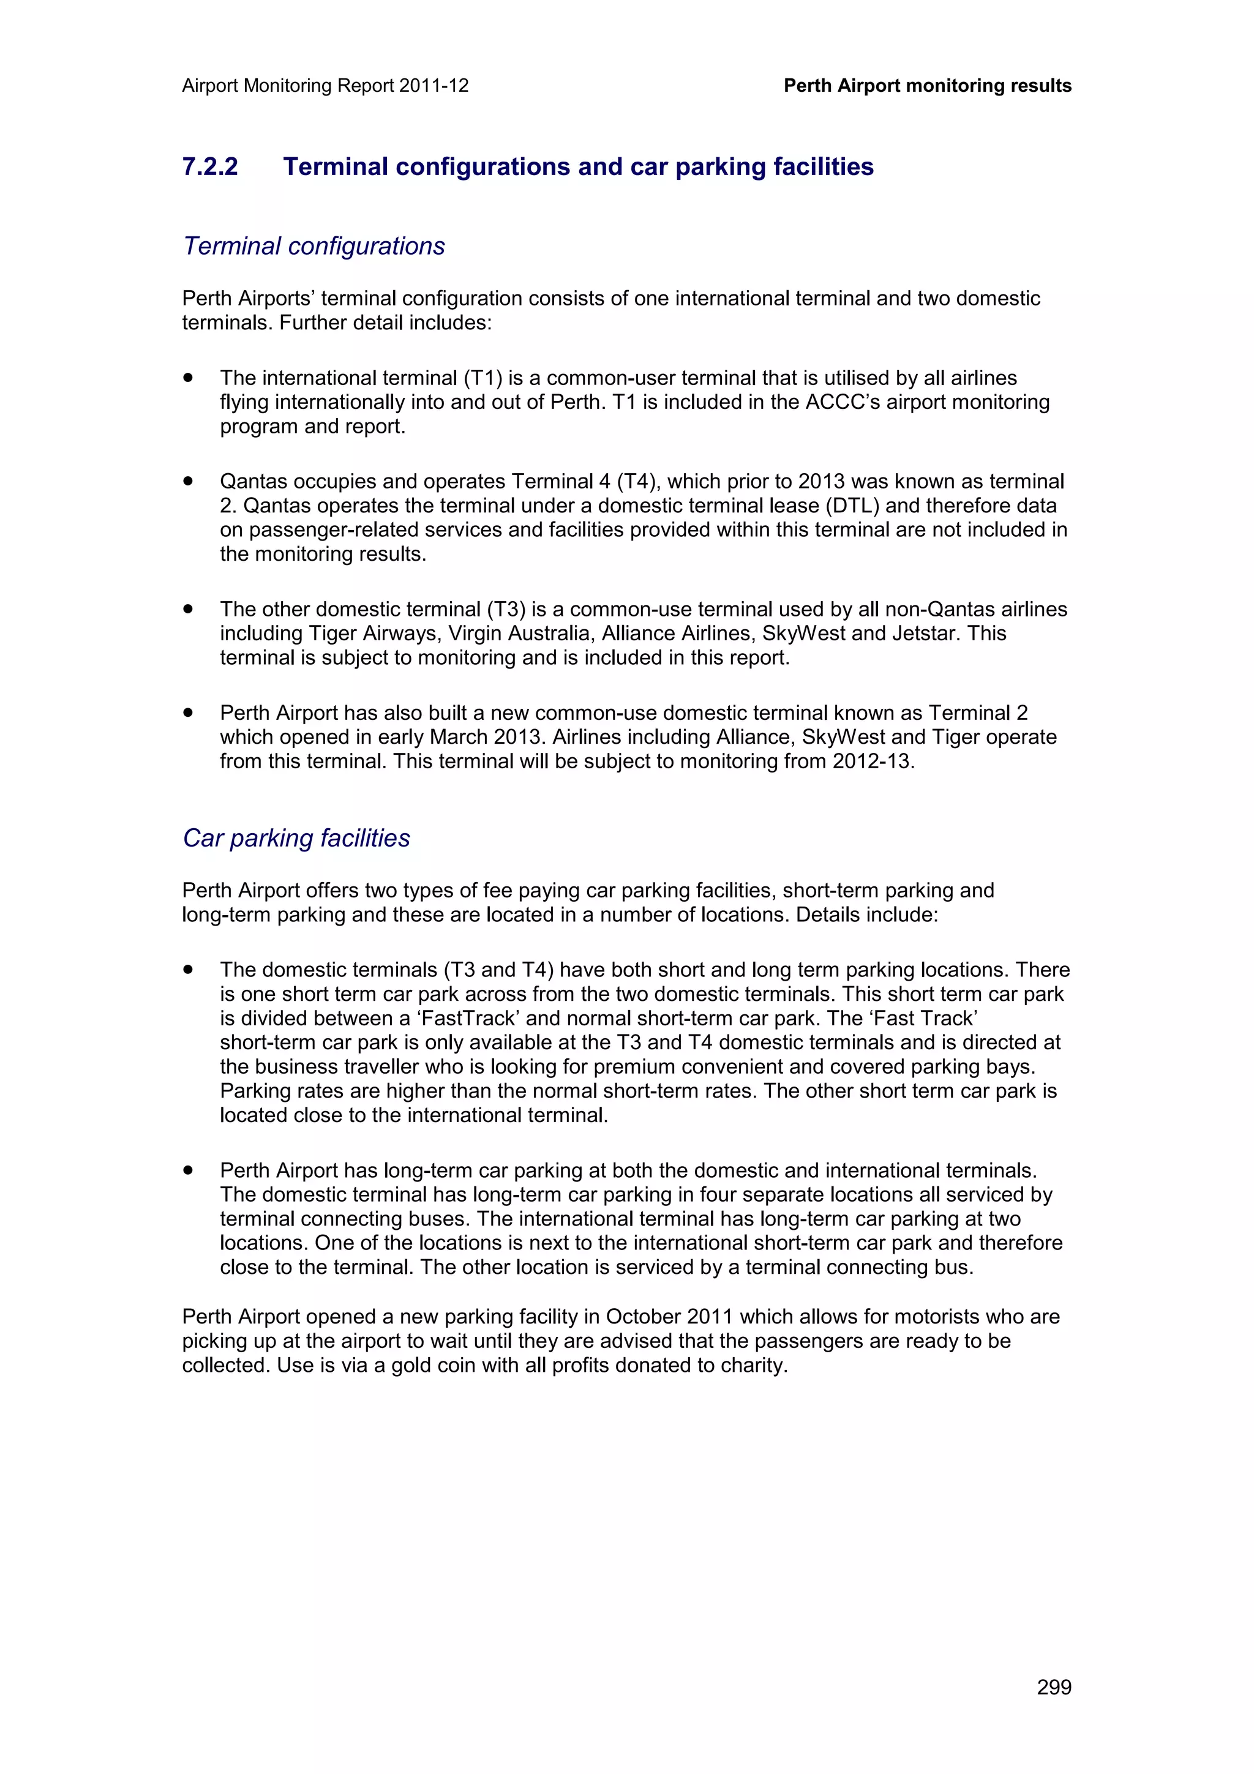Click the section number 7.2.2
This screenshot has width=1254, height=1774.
pyautogui.click(x=210, y=167)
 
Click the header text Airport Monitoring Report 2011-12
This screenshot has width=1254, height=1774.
pyautogui.click(x=325, y=86)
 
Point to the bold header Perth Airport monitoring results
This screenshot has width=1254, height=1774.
pyautogui.click(x=927, y=86)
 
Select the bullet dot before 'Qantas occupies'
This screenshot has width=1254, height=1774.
pyautogui.click(x=188, y=481)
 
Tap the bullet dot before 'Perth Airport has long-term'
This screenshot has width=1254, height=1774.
pyautogui.click(x=188, y=1170)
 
